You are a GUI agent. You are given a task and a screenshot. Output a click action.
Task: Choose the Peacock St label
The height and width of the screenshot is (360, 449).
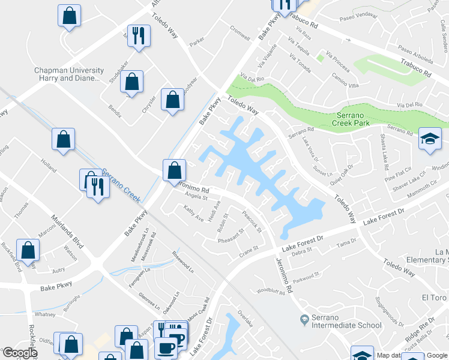(x=252, y=220)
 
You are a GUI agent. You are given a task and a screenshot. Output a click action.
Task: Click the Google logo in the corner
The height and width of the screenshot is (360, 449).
(x=20, y=353)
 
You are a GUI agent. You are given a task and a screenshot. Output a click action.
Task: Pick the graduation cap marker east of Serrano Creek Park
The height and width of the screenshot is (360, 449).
(x=430, y=138)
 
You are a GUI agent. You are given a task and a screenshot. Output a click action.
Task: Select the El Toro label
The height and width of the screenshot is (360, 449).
(x=433, y=298)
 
